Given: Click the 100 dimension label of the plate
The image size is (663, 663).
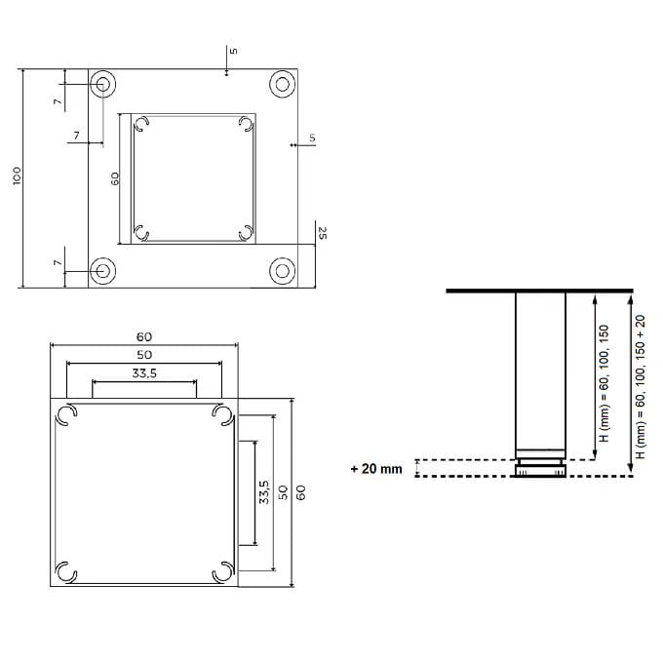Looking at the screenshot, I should (17, 175).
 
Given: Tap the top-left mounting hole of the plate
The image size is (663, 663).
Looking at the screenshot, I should (101, 85).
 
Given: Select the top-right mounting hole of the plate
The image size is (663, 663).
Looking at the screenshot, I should (283, 84).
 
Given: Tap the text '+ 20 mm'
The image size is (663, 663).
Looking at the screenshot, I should (376, 469).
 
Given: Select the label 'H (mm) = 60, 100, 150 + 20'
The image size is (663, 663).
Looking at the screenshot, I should (641, 387).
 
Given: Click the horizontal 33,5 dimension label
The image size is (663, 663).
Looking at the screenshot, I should (144, 372).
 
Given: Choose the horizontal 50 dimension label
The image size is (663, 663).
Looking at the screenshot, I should (144, 354).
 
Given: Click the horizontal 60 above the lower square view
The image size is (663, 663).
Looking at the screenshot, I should (144, 336).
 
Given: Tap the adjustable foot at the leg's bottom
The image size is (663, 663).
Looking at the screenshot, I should (539, 468).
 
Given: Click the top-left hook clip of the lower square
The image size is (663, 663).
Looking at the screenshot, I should (65, 415).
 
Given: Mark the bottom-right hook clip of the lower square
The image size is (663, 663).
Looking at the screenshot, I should (223, 571).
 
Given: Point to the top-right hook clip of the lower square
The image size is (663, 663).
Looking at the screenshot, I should (223, 415).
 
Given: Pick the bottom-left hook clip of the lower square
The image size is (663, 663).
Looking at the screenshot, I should (65, 571).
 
